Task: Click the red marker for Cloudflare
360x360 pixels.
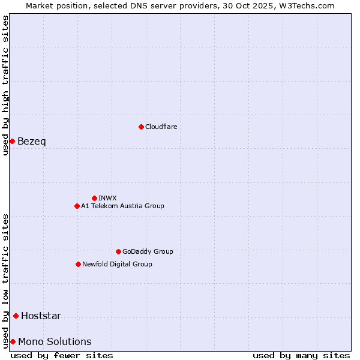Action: [x=141, y=127]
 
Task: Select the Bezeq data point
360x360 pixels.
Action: [x=12, y=141]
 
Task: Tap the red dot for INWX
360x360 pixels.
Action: [x=94, y=198]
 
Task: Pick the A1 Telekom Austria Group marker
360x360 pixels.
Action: [x=77, y=206]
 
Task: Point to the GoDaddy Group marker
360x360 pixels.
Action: [x=118, y=251]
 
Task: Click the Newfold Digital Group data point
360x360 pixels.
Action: [x=78, y=264]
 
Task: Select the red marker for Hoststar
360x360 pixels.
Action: [x=16, y=316]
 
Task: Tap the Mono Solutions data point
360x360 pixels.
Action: [x=13, y=341]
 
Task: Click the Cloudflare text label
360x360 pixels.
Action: [x=161, y=127]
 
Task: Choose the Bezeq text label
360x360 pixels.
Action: [x=32, y=141]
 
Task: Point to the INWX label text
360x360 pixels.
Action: [x=107, y=198]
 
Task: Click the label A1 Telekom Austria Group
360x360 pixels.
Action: [x=122, y=206]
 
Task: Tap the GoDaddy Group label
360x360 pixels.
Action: [x=148, y=251]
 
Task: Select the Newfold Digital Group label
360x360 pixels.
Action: [x=117, y=264]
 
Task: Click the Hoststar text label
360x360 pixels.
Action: [x=41, y=316]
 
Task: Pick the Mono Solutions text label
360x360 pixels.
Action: [x=55, y=341]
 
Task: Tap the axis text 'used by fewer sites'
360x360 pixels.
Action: [x=62, y=355]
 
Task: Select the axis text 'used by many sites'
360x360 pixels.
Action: [x=301, y=355]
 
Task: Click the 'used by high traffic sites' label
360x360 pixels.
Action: [x=5, y=85]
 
